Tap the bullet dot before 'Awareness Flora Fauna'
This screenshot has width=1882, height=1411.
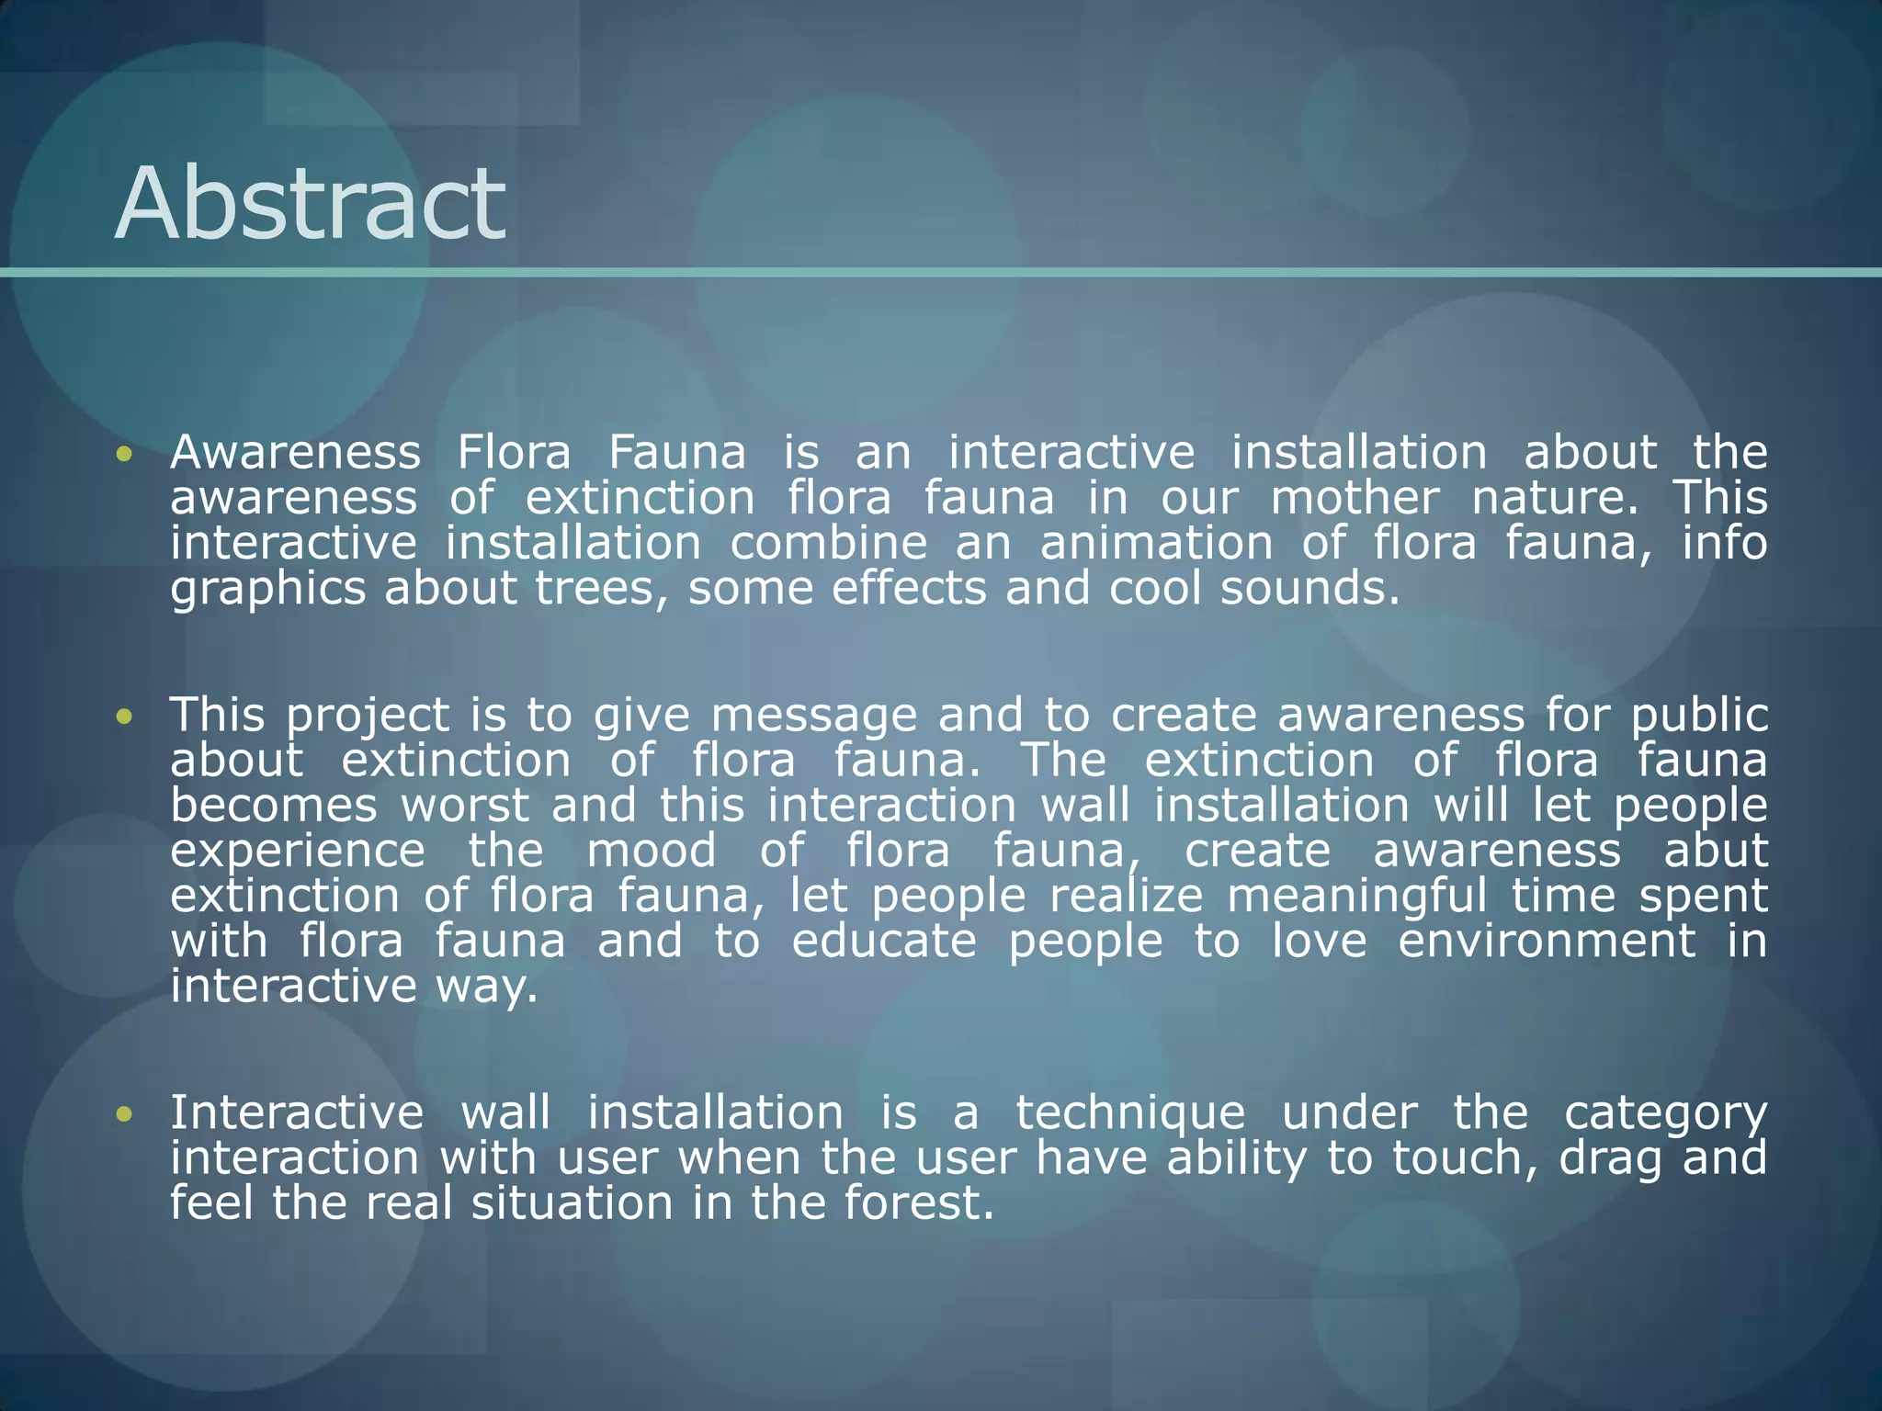[x=125, y=454]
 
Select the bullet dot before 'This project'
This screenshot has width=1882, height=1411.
[x=125, y=716]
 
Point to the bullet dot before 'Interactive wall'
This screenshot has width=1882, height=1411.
[x=125, y=1114]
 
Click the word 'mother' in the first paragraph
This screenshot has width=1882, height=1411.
[x=1355, y=498]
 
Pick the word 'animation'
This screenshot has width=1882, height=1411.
[x=1156, y=543]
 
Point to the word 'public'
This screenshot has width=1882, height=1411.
[x=1699, y=716]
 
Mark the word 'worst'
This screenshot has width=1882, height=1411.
[x=465, y=806]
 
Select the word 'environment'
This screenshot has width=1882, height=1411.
[x=1547, y=941]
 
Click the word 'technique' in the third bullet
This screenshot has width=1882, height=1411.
[x=1129, y=1114]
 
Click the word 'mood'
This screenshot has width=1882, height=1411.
[x=651, y=851]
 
